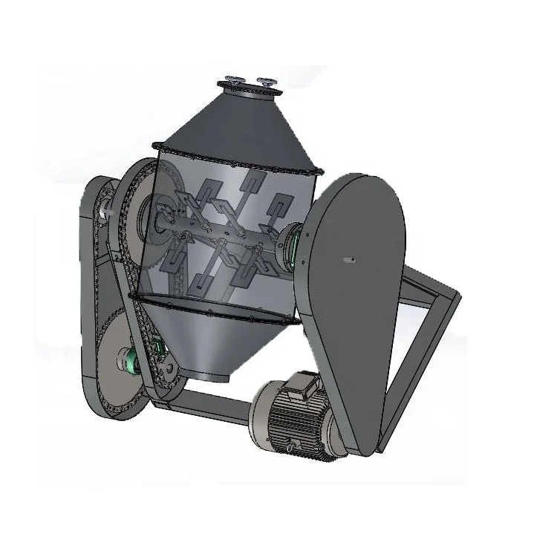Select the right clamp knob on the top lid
(264, 79)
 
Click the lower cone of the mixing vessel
(215, 334)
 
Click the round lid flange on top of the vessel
(248, 91)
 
